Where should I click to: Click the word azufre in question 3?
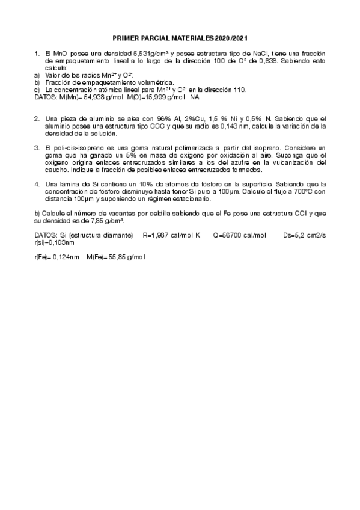tap(227, 162)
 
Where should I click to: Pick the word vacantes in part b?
tap(102, 214)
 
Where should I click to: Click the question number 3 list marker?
tap(37, 147)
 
